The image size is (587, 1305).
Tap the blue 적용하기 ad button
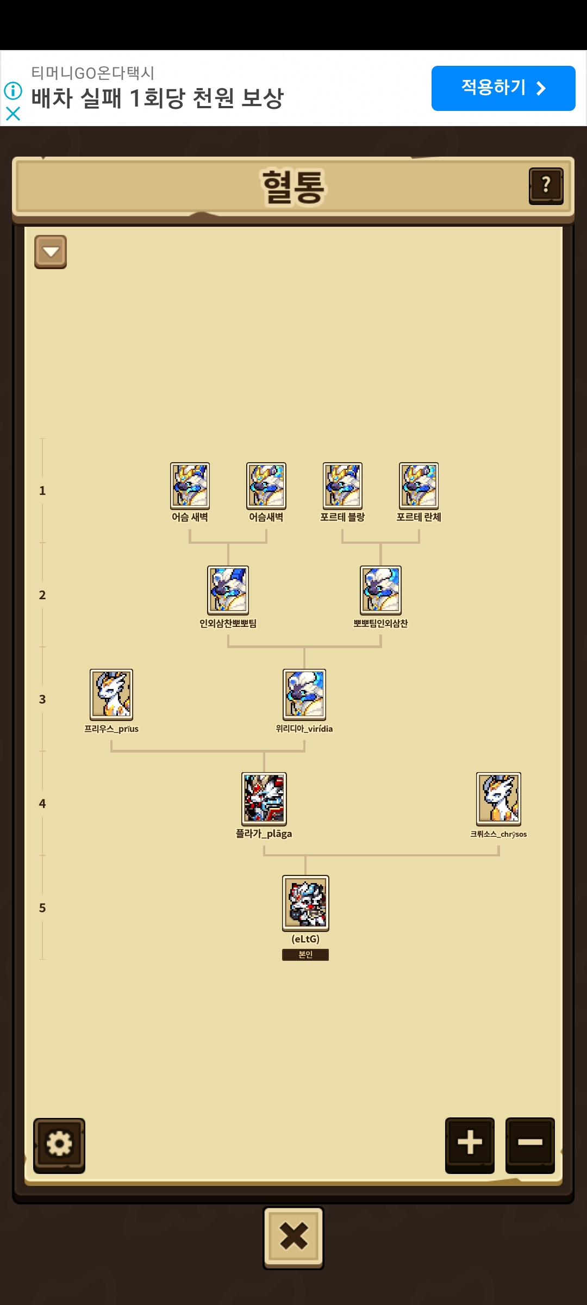click(x=503, y=88)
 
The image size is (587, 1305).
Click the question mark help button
click(x=546, y=186)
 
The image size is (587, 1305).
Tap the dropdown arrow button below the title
click(x=51, y=252)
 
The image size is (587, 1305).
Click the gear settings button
click(x=59, y=1145)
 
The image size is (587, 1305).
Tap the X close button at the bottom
click(x=293, y=1237)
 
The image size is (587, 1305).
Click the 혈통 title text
click(x=293, y=187)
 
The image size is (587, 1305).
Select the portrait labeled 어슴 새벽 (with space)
click(x=190, y=486)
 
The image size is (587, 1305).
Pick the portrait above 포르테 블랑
click(x=342, y=486)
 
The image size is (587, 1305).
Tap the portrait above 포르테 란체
click(x=419, y=486)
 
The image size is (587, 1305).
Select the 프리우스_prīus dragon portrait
click(x=111, y=695)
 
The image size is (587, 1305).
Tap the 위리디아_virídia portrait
click(x=304, y=695)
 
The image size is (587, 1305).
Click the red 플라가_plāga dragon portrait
click(x=264, y=799)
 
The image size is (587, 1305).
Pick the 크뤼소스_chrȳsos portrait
click(x=499, y=799)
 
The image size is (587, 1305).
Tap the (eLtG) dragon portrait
click(x=305, y=903)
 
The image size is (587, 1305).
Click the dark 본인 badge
click(x=305, y=955)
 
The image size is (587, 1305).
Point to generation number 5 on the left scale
click(x=42, y=908)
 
